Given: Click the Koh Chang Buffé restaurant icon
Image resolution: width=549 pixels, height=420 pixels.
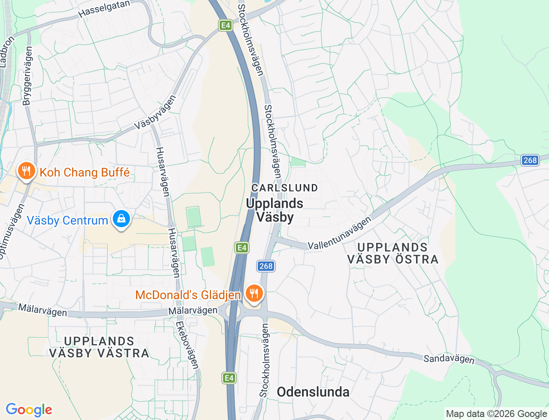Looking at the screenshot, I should (26, 171).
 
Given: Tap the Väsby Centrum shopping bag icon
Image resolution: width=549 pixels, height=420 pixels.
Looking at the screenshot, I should (121, 219).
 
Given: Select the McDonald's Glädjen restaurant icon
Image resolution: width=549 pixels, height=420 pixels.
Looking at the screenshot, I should (254, 294).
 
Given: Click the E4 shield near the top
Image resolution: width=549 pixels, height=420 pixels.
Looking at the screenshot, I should (225, 25).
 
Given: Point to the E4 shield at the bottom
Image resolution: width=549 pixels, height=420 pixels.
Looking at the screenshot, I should (229, 378).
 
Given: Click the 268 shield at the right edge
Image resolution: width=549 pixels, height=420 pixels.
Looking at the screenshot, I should (530, 160).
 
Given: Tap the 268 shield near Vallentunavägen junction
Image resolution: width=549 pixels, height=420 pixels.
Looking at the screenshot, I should (266, 266).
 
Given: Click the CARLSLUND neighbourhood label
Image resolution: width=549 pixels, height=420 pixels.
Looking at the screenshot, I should (285, 188).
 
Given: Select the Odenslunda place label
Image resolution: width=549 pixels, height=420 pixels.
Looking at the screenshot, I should (313, 392).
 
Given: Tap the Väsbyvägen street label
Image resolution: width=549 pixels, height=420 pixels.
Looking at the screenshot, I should (155, 113).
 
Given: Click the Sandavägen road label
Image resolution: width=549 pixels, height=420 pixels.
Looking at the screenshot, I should (449, 359).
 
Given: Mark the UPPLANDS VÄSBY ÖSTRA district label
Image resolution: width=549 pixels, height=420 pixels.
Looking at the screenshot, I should (392, 253).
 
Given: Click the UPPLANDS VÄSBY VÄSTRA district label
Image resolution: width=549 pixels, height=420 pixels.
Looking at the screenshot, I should (99, 347).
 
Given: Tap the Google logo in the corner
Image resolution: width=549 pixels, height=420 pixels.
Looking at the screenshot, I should (29, 410).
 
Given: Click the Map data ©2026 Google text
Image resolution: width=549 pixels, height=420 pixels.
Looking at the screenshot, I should (496, 414).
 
